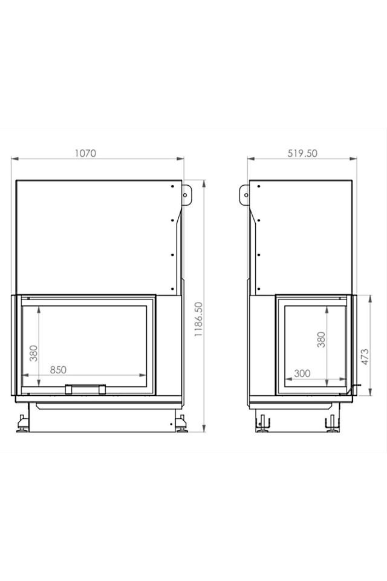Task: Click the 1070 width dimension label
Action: point(85,153)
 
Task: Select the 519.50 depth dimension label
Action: point(302,153)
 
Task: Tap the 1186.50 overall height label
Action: point(199,319)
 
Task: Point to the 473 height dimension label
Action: point(365,356)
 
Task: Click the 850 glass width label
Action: point(58,370)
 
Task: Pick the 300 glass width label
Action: point(302,373)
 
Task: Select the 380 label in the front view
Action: point(34,353)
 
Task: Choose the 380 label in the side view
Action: point(321,340)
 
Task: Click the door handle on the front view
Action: point(85,389)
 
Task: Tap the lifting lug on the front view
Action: point(186,194)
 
